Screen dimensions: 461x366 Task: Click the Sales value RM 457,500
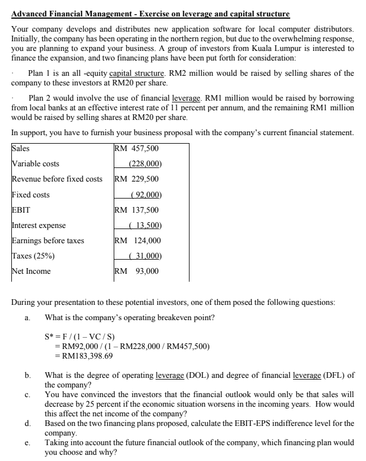tap(136, 149)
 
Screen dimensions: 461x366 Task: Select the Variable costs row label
tap(36, 164)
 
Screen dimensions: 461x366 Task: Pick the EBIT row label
tap(21, 210)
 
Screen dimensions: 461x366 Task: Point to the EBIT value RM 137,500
tap(136, 210)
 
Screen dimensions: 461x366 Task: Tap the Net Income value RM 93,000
tap(136, 271)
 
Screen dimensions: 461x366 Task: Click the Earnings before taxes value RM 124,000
tap(136, 240)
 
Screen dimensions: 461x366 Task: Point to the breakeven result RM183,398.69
tap(83, 356)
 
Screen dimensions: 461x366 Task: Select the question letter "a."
tap(28, 317)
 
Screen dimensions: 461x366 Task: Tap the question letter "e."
tap(28, 444)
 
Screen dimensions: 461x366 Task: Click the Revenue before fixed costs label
tap(57, 179)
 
